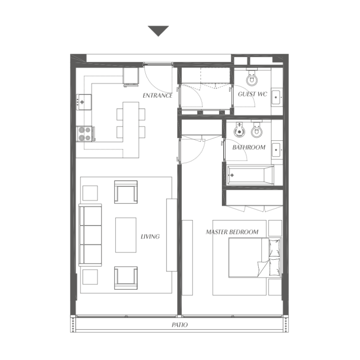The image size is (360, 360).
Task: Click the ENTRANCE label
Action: tap(157, 95)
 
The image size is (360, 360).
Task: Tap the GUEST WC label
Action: tap(253, 94)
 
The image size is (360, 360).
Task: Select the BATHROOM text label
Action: tap(249, 147)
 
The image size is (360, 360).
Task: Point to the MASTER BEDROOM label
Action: tap(232, 232)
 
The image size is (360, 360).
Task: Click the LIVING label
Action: tap(150, 236)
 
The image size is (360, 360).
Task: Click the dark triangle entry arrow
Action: tap(158, 31)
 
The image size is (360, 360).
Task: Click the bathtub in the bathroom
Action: tap(250, 175)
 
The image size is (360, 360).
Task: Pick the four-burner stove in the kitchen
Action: tap(85, 133)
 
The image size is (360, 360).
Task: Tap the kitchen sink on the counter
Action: tap(85, 101)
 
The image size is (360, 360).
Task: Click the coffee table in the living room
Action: tap(126, 235)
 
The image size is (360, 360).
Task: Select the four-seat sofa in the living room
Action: tap(90, 235)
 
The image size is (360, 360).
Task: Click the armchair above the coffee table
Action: tap(126, 192)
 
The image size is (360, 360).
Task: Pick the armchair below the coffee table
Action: tap(126, 278)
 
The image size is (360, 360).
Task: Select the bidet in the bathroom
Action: tap(239, 130)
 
